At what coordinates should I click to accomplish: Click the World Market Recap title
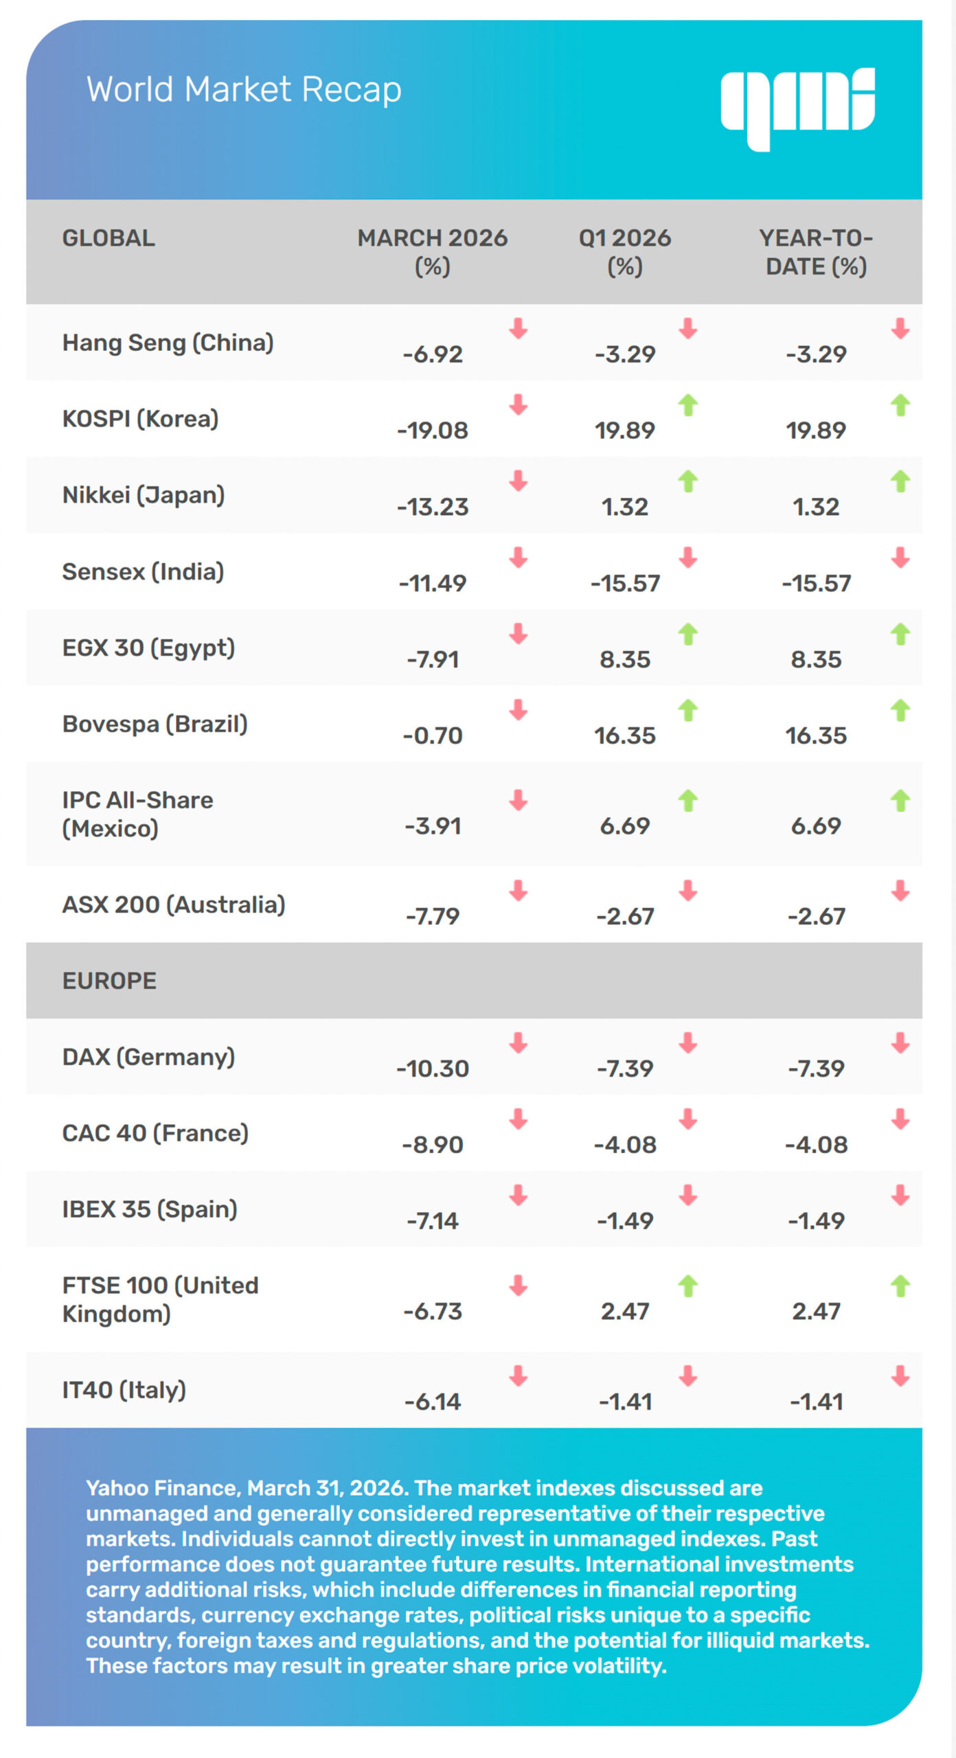click(x=244, y=89)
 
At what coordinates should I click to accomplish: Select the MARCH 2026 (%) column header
click(x=432, y=252)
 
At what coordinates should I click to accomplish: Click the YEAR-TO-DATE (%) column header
click(x=816, y=252)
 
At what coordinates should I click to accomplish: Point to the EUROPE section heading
click(x=109, y=981)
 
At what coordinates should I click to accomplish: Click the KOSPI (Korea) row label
click(x=140, y=419)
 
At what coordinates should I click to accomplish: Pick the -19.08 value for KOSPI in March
click(x=432, y=431)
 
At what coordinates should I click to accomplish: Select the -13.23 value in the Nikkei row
click(x=432, y=507)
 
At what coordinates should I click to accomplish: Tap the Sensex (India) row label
click(x=143, y=571)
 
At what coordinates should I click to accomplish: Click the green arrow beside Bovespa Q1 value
click(x=688, y=710)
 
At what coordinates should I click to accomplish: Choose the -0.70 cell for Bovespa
click(x=432, y=735)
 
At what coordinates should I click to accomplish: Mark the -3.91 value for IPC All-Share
click(x=432, y=825)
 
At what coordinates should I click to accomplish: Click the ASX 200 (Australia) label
click(x=174, y=904)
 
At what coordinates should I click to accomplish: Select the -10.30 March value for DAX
click(x=432, y=1069)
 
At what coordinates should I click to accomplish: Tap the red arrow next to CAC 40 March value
click(x=519, y=1119)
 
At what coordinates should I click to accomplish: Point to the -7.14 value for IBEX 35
click(x=432, y=1220)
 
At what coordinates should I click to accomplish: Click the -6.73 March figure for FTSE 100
click(x=432, y=1311)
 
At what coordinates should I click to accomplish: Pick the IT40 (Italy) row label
click(x=124, y=1390)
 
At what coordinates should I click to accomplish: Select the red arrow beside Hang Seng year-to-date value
click(x=900, y=329)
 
